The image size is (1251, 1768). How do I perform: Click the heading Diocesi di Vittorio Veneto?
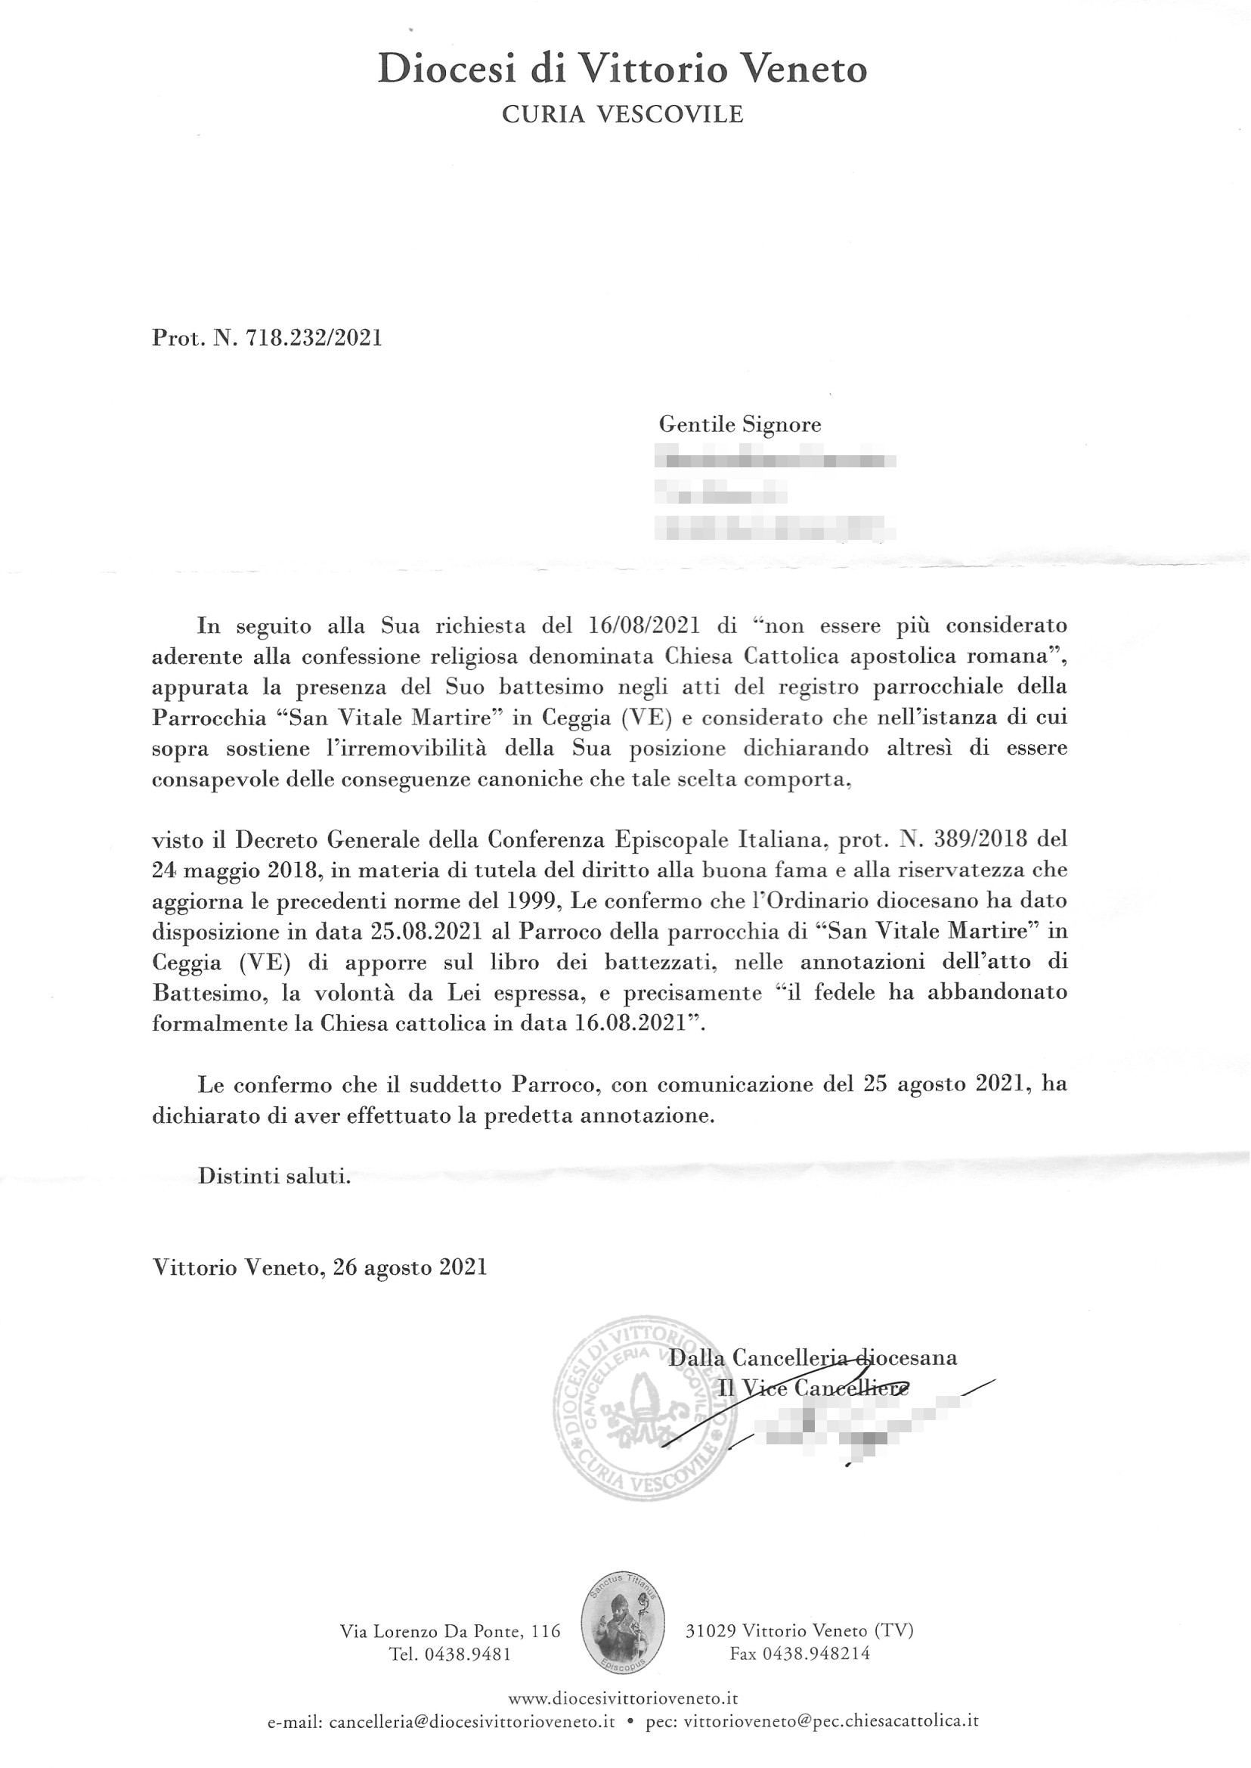pos(622,70)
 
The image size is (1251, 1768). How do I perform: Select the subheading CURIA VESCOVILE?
pos(622,115)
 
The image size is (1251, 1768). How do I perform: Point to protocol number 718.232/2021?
pos(313,337)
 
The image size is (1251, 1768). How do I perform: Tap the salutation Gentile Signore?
pos(739,424)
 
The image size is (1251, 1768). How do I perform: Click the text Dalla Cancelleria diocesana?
pos(813,1357)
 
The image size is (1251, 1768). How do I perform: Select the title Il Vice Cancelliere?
pos(813,1388)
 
